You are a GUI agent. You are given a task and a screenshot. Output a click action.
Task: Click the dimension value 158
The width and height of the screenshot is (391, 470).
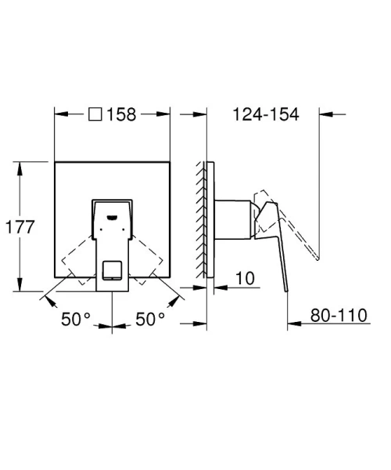point(121,114)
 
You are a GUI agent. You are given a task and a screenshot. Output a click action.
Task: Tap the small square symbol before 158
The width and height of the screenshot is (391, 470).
point(95,114)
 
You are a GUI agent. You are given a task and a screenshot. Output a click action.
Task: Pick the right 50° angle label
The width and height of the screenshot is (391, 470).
point(150,319)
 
